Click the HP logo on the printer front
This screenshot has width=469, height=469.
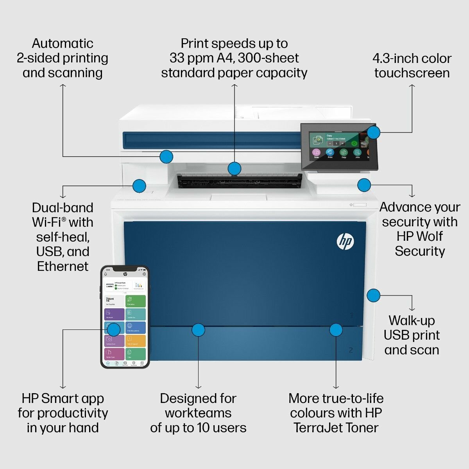pos(345,242)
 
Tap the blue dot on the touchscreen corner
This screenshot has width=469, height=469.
pos(374,132)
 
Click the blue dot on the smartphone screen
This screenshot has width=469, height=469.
pos(114,329)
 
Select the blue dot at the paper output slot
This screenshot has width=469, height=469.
pos(234,168)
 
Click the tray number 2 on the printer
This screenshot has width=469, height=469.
pos(351,350)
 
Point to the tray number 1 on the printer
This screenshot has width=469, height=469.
pos(352,315)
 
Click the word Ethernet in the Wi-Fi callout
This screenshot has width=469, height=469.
pos(63,266)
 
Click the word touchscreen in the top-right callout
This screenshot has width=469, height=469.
pos(412,73)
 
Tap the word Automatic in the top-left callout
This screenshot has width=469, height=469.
pos(63,43)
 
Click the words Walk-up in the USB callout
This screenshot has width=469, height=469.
pos(412,320)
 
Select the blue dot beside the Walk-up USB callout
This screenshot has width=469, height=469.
pos(373,295)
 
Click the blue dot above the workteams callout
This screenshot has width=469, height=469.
pos(198,329)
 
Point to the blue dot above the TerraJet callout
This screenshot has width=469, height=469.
pos(336,329)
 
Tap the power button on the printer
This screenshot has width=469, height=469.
pos(351,205)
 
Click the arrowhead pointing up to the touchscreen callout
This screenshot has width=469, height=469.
pos(412,86)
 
